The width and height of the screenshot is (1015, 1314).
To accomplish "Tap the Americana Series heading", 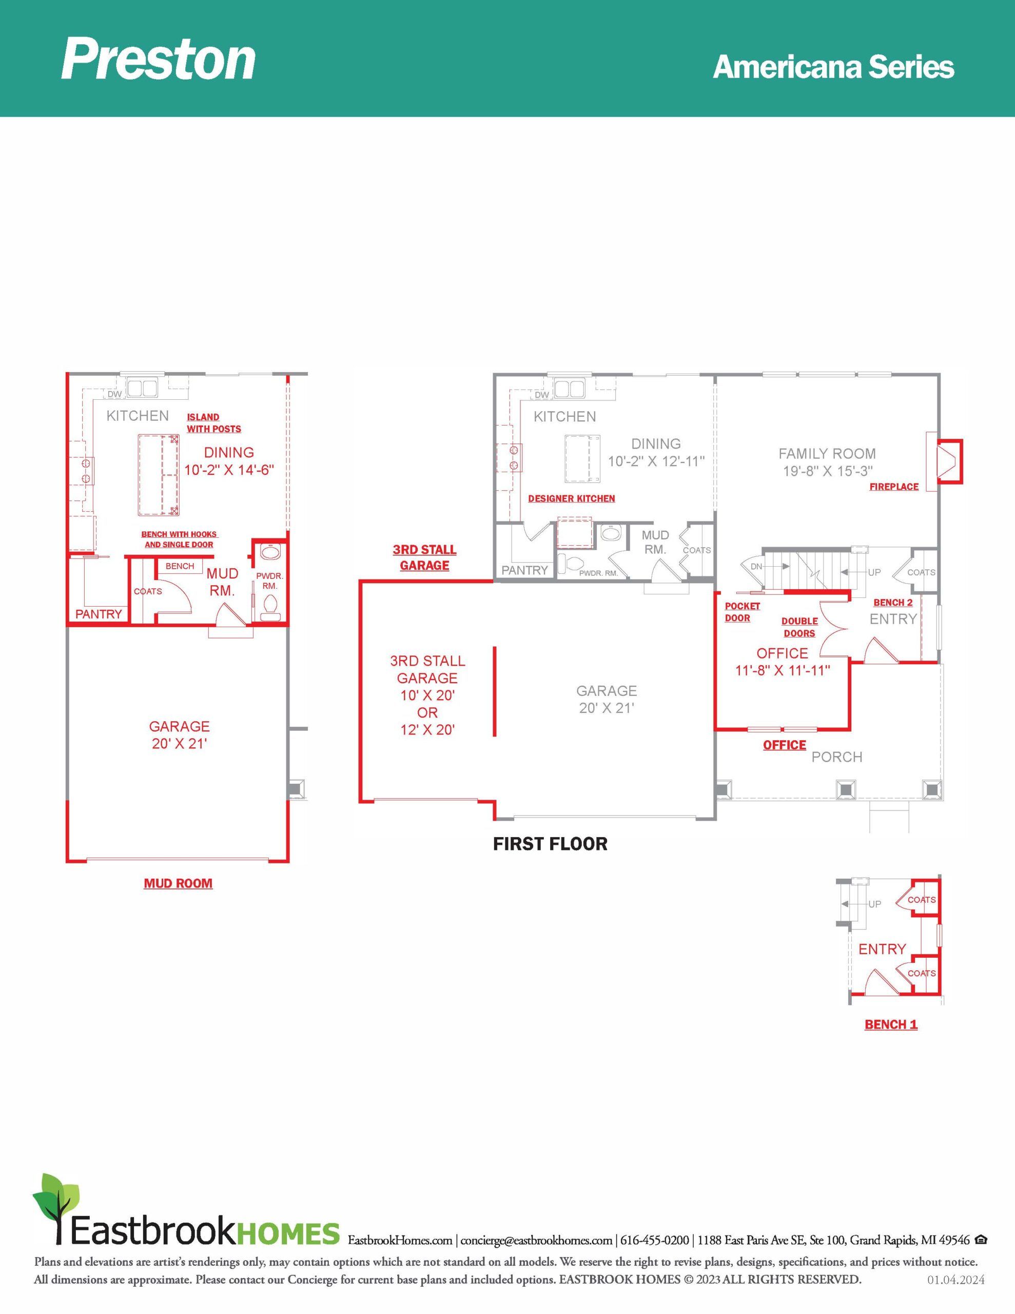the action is point(833,67).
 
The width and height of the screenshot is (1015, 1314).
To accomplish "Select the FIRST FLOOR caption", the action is point(550,844).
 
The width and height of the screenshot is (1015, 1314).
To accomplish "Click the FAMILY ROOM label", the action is point(827,454).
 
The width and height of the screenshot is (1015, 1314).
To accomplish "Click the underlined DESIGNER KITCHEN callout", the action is point(572,498).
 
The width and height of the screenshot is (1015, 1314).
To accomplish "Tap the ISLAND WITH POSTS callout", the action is point(213,423).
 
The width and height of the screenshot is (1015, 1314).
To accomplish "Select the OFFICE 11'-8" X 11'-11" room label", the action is point(783,661).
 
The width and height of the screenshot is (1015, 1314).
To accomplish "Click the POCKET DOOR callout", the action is point(742,612).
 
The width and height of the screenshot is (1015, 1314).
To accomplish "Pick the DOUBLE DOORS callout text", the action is point(799,627).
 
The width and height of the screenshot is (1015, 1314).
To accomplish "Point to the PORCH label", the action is point(837,757).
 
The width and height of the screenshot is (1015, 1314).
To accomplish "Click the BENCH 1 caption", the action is point(891,1024).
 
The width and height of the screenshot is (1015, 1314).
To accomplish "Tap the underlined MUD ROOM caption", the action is point(178,883).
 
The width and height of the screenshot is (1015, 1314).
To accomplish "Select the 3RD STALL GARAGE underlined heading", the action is point(425,557).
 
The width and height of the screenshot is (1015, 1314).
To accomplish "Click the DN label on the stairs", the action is point(756,566).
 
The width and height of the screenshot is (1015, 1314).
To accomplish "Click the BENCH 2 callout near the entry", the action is point(893,602).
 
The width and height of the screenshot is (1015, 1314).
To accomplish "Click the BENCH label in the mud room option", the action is point(180,566).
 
